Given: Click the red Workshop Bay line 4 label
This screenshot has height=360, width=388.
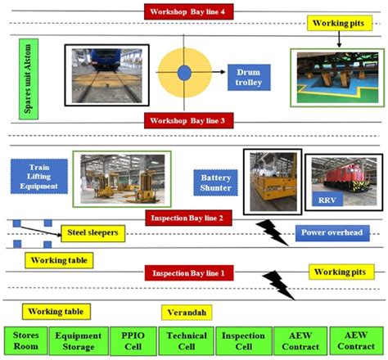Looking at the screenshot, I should click(x=193, y=11).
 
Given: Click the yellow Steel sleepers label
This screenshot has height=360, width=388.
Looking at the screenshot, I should click(x=92, y=234).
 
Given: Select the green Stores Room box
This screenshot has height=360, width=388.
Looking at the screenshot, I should click(x=27, y=341).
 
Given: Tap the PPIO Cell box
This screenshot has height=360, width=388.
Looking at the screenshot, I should click(x=133, y=341).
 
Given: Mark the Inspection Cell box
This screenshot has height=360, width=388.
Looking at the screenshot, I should click(x=242, y=341).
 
